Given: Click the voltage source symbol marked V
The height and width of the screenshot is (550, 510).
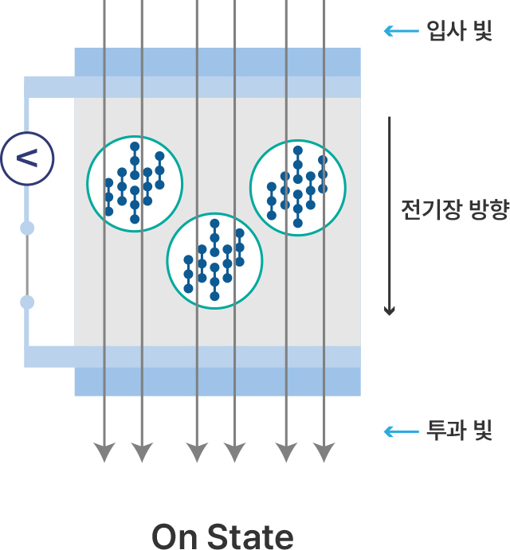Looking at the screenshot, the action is point(27,158).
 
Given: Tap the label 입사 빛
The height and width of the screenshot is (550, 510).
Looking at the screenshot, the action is point(459,31).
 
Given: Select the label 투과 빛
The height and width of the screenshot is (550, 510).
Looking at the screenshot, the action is point(459,431).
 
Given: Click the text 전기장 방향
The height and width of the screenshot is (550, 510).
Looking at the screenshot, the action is point(455,210).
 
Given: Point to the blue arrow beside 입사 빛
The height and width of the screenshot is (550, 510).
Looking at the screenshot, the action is point(401,31).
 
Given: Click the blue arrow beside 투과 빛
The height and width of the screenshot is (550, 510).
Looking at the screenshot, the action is point(401,431).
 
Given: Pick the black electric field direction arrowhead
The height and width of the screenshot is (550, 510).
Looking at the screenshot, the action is point(389,310).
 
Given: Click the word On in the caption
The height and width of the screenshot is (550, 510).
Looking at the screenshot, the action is point(175,536).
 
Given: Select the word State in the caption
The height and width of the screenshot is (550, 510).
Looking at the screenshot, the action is point(250,536).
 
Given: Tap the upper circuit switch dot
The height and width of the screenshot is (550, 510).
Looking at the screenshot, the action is point(27,228).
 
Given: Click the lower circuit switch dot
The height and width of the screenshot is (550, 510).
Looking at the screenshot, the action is point(27,302).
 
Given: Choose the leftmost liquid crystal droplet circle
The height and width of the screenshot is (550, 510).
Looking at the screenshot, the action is point(88,184).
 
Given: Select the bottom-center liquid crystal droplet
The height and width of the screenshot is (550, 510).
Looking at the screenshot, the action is point(168,261).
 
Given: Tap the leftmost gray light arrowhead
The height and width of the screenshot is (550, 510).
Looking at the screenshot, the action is point(104,452).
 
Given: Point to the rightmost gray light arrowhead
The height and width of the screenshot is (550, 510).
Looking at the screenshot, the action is point(324,452).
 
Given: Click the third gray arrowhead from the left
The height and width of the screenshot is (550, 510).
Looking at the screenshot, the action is point(197,452).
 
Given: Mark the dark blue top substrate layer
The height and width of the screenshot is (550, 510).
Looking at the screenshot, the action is point(218,62).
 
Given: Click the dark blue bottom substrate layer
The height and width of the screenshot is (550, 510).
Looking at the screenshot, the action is point(218,381).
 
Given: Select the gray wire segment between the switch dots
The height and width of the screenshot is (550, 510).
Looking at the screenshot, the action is point(27,265).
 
